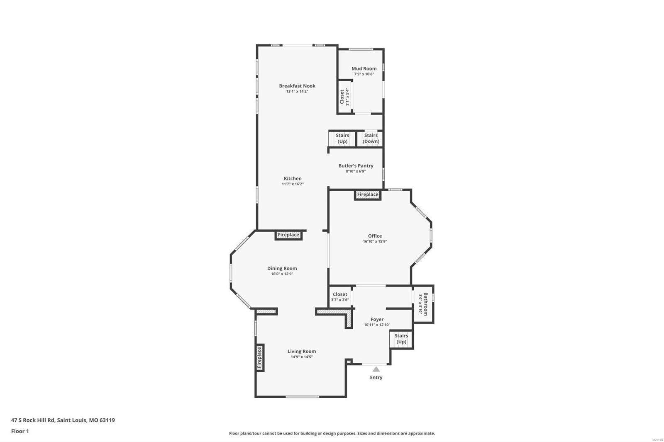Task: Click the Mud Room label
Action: coord(364,69)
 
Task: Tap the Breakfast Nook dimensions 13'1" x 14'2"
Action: coord(297,92)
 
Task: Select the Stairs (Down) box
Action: coord(371,138)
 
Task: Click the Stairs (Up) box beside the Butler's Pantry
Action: coord(342,138)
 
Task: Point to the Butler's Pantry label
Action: coord(356,166)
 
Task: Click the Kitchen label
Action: coord(293,179)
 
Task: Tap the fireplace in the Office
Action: coord(368,194)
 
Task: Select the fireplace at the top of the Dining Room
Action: coord(288,235)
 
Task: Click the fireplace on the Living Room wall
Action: coord(260,358)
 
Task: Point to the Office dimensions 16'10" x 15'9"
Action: coord(375,241)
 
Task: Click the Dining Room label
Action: coord(282,268)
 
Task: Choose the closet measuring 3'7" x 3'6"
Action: coord(340,297)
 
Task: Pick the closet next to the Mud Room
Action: coord(344,97)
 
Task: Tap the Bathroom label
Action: coord(423,304)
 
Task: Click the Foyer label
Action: coord(377,319)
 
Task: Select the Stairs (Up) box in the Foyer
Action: coord(401,339)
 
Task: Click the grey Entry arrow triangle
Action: coord(376,369)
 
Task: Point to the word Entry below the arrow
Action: coord(376,377)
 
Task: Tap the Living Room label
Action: coord(302,352)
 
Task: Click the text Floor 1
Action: coord(20,431)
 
